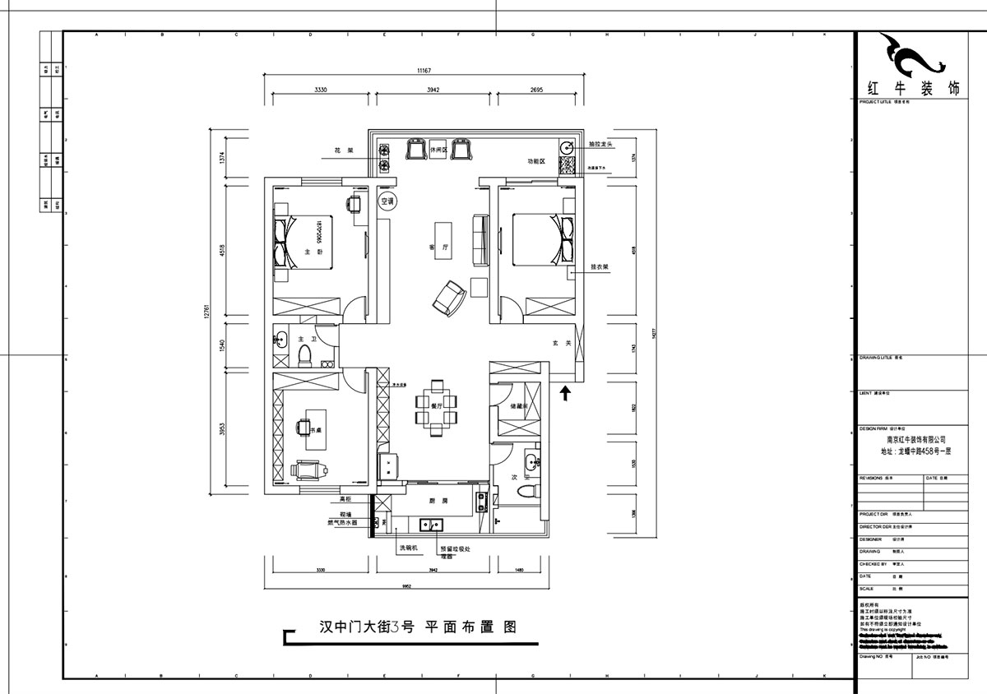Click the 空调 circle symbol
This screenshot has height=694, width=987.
[x=387, y=201]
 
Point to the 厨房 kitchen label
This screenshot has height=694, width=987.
[x=438, y=501]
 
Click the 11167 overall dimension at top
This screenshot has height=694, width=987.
[x=424, y=72]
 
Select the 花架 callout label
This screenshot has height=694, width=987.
[x=343, y=151]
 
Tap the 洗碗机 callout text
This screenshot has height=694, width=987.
[x=409, y=548]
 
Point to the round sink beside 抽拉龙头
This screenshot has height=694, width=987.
[x=567, y=148]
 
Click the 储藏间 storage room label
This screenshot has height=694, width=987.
[x=519, y=406]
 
